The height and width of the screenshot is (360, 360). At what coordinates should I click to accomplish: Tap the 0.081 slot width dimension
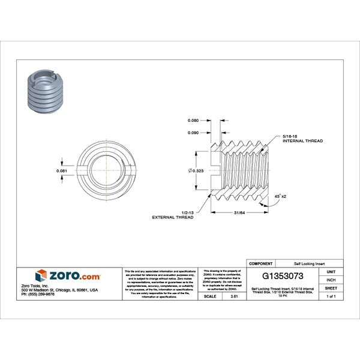tap(61, 171)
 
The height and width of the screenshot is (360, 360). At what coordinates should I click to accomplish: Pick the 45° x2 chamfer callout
tap(278, 196)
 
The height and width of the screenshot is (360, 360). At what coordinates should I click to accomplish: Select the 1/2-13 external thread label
tap(176, 214)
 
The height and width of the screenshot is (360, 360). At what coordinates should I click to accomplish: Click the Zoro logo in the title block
tap(67, 276)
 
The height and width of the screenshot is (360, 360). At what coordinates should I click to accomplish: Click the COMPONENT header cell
tap(261, 263)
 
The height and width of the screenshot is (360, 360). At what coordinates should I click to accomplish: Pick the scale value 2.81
tap(234, 296)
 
